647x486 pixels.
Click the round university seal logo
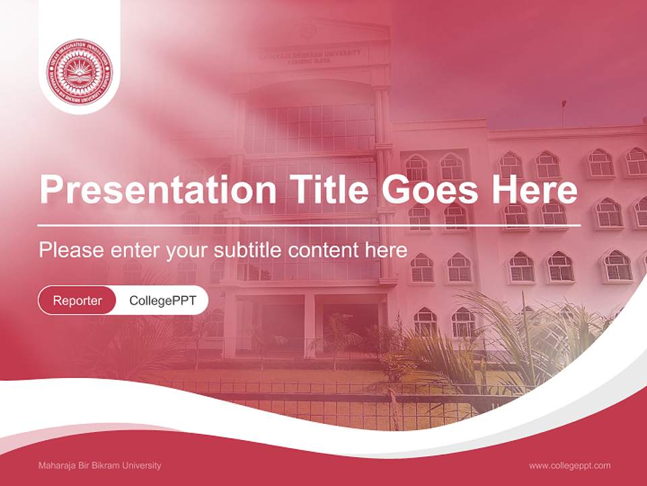[x=80, y=72]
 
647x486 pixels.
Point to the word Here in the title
[x=534, y=190]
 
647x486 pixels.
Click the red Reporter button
[x=78, y=300]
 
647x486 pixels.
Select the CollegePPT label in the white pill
[x=162, y=300]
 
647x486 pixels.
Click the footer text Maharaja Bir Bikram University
[x=100, y=466]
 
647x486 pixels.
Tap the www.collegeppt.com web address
[x=569, y=466]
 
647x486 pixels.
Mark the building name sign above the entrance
[x=311, y=55]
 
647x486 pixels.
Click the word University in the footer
[x=143, y=466]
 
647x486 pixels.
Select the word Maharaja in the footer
[x=56, y=466]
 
